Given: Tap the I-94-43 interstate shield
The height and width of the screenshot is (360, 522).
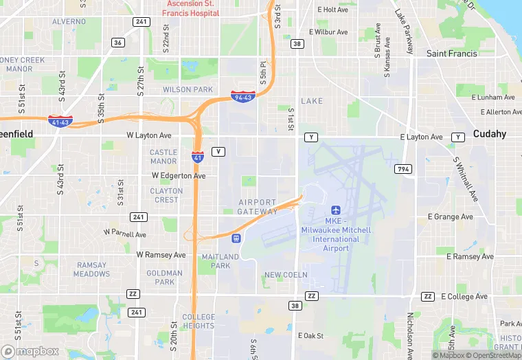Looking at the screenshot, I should click(x=242, y=98).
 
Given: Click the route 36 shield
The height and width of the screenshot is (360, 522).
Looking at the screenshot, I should click(x=118, y=43).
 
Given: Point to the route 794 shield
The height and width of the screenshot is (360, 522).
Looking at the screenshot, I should click(x=402, y=169).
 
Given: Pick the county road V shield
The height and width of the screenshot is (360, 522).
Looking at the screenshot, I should click(x=218, y=151).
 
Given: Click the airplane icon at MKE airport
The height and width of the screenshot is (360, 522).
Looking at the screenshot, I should click(x=337, y=210).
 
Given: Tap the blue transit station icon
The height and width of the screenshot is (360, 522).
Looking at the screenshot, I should click(x=236, y=238).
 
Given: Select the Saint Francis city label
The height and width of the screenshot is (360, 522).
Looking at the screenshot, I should click(x=451, y=54).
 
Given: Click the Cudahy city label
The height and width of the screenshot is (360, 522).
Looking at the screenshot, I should click(x=490, y=133).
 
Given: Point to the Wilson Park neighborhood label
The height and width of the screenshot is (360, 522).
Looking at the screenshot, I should click(x=188, y=89).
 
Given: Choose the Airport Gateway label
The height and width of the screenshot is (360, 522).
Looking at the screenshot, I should click(x=258, y=207).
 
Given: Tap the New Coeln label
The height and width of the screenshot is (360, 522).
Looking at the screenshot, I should click(x=286, y=275).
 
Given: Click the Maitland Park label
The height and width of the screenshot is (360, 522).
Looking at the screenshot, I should click(x=220, y=261).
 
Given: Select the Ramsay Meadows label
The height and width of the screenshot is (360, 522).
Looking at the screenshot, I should click(x=92, y=269).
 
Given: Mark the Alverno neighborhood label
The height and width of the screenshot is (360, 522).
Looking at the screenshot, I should click(x=69, y=21).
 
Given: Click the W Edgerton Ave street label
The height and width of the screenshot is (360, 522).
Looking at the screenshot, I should click(x=179, y=176).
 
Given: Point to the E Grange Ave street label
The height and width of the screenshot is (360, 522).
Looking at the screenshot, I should click(x=450, y=217).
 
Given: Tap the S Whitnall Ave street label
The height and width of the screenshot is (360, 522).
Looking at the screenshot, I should click(x=465, y=179).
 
